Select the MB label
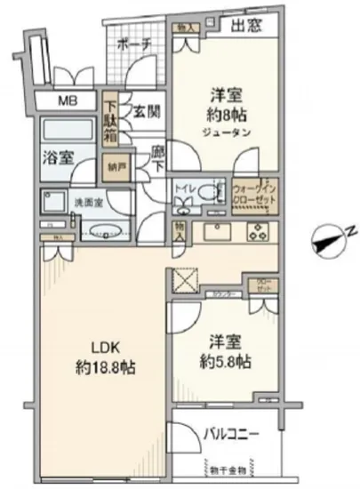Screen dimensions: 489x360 pos(68,100)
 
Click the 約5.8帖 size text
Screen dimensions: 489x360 pos(226,363)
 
